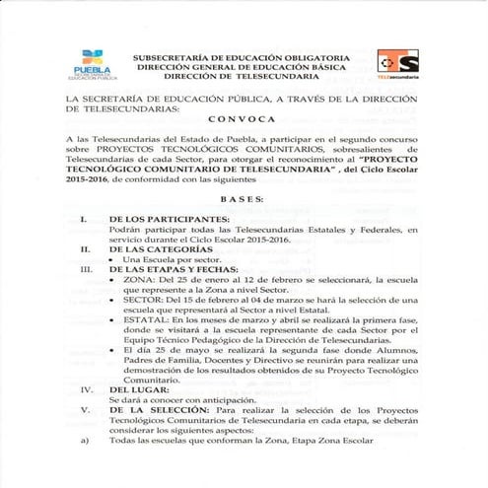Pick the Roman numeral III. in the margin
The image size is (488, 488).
(85, 269)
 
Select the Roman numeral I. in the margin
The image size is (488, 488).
(86, 218)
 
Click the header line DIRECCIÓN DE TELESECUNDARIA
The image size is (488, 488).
(239, 76)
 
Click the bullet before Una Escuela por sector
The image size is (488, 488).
(119, 259)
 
